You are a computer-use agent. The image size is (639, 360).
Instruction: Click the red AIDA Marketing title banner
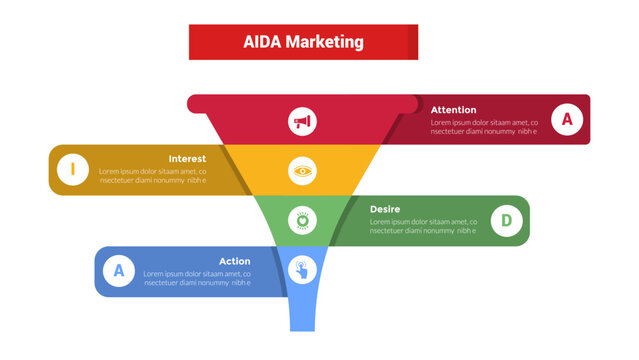tap(303, 42)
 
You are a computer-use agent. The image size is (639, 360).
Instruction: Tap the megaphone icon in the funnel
tap(302, 122)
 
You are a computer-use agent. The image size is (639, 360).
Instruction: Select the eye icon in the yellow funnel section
tap(302, 171)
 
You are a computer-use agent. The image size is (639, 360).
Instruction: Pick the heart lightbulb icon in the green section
tap(302, 220)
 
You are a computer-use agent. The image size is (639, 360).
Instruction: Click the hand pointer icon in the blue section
tap(302, 268)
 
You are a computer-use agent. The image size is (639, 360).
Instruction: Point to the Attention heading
tap(453, 110)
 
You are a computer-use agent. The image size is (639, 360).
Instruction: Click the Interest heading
tap(187, 159)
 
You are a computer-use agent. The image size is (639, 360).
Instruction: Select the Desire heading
tap(385, 209)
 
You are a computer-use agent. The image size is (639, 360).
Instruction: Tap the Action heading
tap(234, 261)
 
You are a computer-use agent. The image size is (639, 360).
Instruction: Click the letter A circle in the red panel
tap(567, 120)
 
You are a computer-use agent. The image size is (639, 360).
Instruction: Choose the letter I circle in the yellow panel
tap(72, 170)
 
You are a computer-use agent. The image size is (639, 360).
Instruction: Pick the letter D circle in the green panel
tap(506, 220)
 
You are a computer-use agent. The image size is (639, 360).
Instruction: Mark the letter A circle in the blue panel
tap(119, 270)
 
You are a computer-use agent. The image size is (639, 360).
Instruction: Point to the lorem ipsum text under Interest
tap(153, 176)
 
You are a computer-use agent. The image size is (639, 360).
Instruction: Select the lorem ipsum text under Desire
tap(423, 226)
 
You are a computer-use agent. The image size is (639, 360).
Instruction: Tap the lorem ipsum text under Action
tap(196, 278)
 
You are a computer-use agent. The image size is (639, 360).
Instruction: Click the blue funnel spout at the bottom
tap(302, 310)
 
